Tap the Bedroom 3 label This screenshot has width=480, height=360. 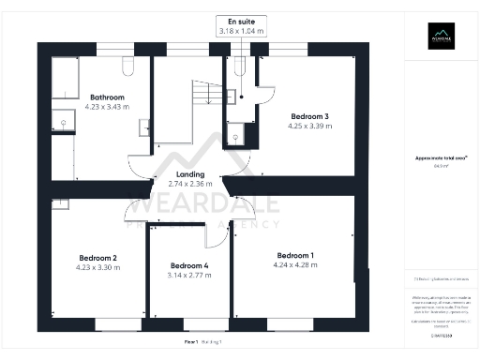click(x=310, y=116)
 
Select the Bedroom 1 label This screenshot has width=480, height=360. click(x=295, y=255)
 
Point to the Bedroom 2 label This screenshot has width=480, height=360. click(x=97, y=258)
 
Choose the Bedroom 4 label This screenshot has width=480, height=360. click(x=188, y=265)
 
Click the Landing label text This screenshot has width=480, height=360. click(x=190, y=175)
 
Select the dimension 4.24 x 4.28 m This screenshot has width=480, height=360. click(x=295, y=265)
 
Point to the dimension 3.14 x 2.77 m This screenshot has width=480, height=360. click(x=188, y=276)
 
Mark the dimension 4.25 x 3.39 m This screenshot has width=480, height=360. click(x=310, y=127)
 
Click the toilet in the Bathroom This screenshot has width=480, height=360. click(x=129, y=66)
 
